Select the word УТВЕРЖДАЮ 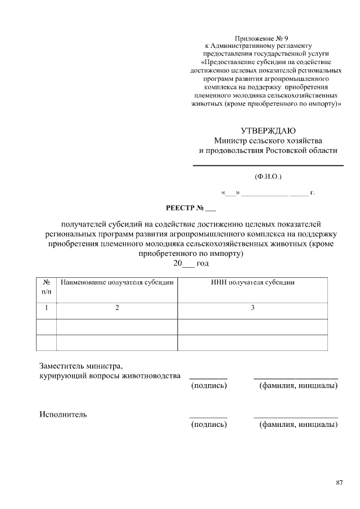[268, 130]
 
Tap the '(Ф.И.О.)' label [268, 177]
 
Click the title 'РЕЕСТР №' [183, 209]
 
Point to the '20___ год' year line [191, 263]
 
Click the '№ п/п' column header [47, 287]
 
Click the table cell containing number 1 [47, 308]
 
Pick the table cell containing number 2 [117, 308]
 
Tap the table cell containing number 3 [253, 308]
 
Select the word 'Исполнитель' [63, 415]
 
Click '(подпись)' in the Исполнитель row [209, 425]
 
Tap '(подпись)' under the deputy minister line [209, 386]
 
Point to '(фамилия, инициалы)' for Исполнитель [298, 425]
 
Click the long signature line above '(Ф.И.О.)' [268, 165]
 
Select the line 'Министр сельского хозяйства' [268, 140]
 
